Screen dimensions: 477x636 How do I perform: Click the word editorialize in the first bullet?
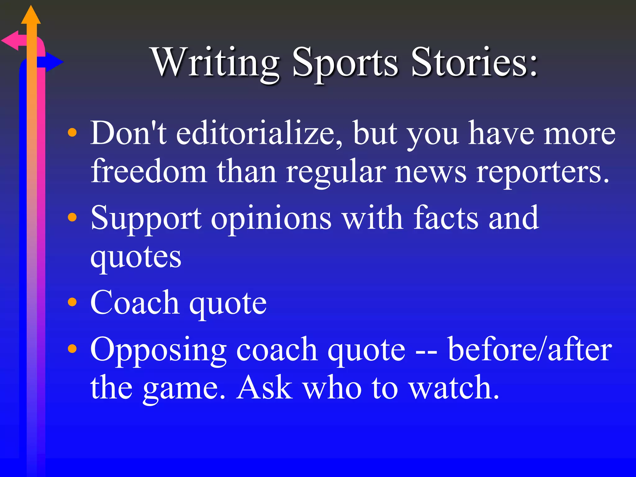pos(260,134)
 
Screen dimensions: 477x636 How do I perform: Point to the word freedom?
pos(149,172)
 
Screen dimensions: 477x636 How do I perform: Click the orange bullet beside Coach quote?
pos(72,302)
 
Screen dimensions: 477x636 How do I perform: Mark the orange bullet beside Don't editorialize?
pos(72,133)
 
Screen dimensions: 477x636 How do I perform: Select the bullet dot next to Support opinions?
pos(72,217)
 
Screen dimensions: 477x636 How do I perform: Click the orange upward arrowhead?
pos(31,16)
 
